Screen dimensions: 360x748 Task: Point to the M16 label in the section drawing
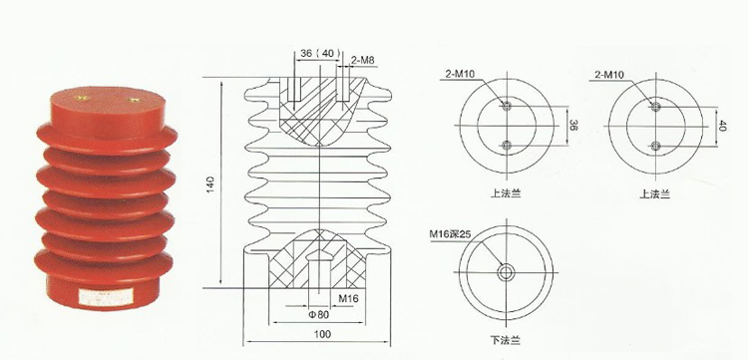coord(349,296)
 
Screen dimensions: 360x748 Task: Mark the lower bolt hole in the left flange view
coord(508,146)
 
